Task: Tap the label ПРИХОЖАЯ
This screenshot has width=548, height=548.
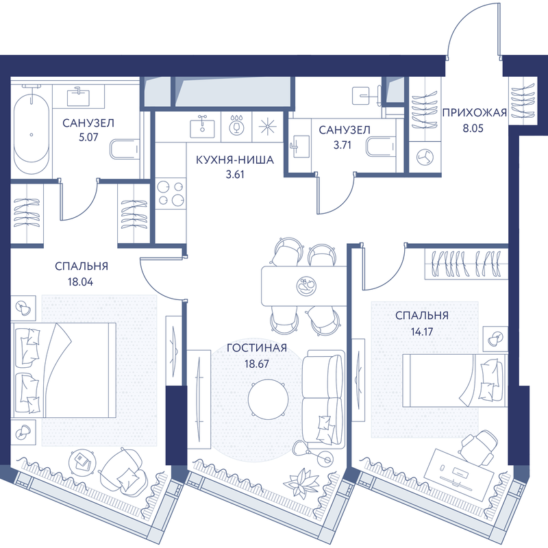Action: pyautogui.click(x=474, y=112)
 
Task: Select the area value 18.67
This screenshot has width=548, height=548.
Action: pyautogui.click(x=256, y=364)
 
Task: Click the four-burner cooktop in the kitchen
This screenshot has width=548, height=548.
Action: pyautogui.click(x=171, y=193)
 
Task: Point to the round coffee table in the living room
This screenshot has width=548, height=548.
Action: pyautogui.click(x=269, y=399)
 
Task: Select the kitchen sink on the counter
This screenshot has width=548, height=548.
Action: pyautogui.click(x=202, y=127)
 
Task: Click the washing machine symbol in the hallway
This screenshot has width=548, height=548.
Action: pyautogui.click(x=425, y=158)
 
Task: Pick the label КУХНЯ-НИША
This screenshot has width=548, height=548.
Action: pyautogui.click(x=234, y=160)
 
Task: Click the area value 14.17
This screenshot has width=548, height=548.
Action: pyautogui.click(x=422, y=332)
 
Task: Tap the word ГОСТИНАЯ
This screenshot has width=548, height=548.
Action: pyautogui.click(x=257, y=348)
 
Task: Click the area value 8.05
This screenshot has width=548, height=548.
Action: pyautogui.click(x=473, y=128)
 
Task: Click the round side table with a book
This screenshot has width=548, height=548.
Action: pyautogui.click(x=83, y=462)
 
